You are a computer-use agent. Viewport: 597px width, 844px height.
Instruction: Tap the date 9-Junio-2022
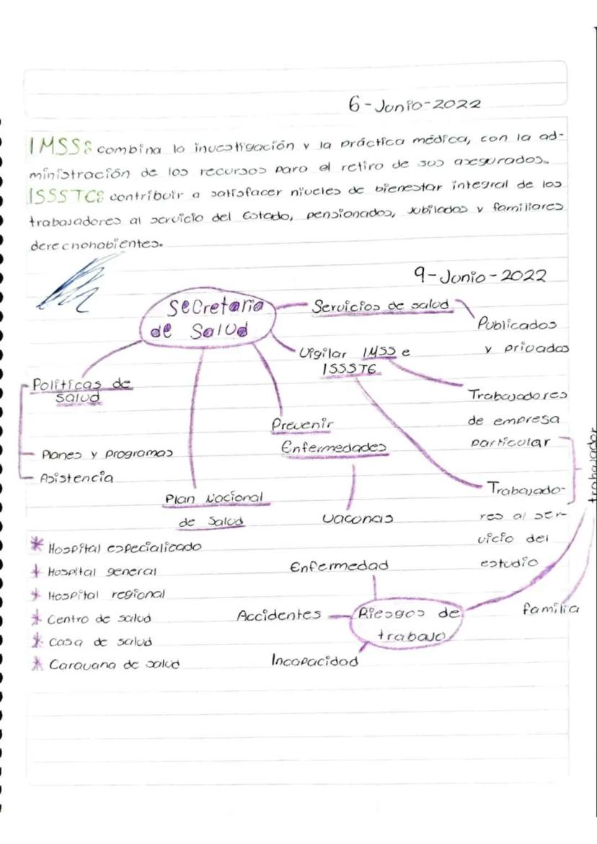point(479,277)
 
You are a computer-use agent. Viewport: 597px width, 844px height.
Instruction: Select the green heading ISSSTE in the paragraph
point(60,195)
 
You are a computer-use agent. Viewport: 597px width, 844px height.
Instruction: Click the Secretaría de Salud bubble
point(208,319)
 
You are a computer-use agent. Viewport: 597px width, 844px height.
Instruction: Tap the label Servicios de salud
point(383,306)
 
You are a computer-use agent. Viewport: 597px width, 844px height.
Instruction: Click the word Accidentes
point(278,616)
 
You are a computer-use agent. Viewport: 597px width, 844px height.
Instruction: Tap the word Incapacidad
point(314,661)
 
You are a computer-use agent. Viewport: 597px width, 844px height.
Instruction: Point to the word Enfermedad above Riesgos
point(338,567)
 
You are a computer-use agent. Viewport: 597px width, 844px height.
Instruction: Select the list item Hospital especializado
point(123,548)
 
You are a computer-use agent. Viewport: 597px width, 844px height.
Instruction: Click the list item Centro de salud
point(99,619)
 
